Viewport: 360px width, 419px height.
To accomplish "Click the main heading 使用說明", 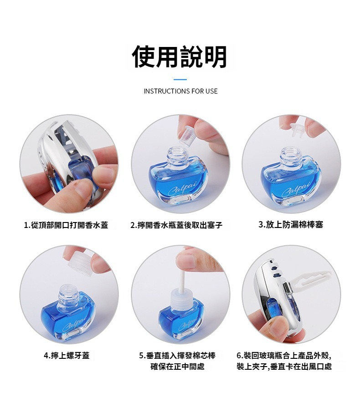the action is point(180,57).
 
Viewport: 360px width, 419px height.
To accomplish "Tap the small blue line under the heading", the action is point(180,79).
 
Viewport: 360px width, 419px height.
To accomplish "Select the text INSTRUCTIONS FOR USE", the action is point(180,91).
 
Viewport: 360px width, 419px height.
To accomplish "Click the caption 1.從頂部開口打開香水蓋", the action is point(66,225).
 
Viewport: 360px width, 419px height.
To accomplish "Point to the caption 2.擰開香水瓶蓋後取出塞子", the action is point(176,225).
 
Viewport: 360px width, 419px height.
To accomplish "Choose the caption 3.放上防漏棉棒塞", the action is point(291,224).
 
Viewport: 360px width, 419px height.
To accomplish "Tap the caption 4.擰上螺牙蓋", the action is point(67,356).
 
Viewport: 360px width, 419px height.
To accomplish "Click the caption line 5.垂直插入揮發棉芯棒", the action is point(177,356).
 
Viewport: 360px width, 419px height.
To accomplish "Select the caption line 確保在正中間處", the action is point(177,367).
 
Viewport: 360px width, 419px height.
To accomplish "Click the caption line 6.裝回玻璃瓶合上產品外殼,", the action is point(284,356).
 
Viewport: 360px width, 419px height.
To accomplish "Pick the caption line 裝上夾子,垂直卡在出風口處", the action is point(284,367).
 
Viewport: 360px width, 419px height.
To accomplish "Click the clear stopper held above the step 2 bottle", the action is point(187,135).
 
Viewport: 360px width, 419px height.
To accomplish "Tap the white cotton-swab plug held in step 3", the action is point(298,129).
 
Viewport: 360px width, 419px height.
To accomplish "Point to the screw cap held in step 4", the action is point(79,263).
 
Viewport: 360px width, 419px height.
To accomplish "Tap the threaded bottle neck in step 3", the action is point(290,156).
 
